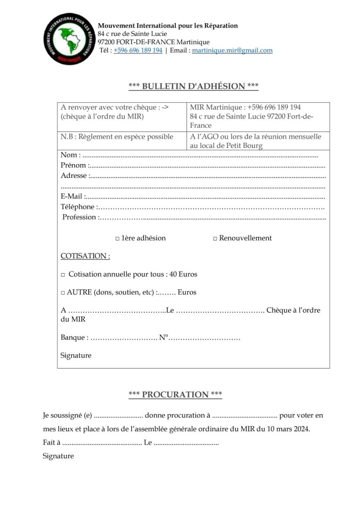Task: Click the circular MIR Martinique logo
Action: coord(69,39)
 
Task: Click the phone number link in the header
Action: coord(138,50)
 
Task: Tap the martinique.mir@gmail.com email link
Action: coord(232,50)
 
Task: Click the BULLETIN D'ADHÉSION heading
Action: coord(193,86)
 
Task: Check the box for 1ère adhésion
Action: coord(117,239)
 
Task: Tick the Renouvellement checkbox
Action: coord(215,239)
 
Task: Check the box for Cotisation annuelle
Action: coord(63,275)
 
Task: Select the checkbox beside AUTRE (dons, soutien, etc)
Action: coord(63,293)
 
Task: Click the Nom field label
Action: coord(70,155)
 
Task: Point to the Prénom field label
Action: coord(74,165)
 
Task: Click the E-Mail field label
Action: coord(72,196)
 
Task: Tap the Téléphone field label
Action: coord(78,207)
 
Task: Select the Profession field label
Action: coord(79,217)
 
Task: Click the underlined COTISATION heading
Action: coord(85,256)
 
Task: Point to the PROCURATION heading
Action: coord(175,394)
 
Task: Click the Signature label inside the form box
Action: coord(76,355)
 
